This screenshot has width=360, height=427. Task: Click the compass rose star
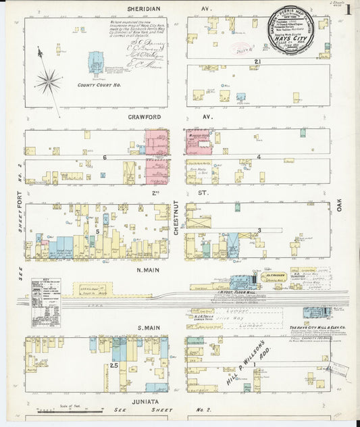[x=49, y=81]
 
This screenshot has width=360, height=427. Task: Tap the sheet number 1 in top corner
[x=348, y=9]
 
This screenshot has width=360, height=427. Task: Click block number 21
[x=257, y=62]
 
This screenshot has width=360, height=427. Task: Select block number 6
[x=105, y=157]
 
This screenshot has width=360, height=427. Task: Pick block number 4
[x=259, y=157]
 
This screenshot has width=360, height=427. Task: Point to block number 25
[x=114, y=366]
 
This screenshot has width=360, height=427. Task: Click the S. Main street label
[x=148, y=329]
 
